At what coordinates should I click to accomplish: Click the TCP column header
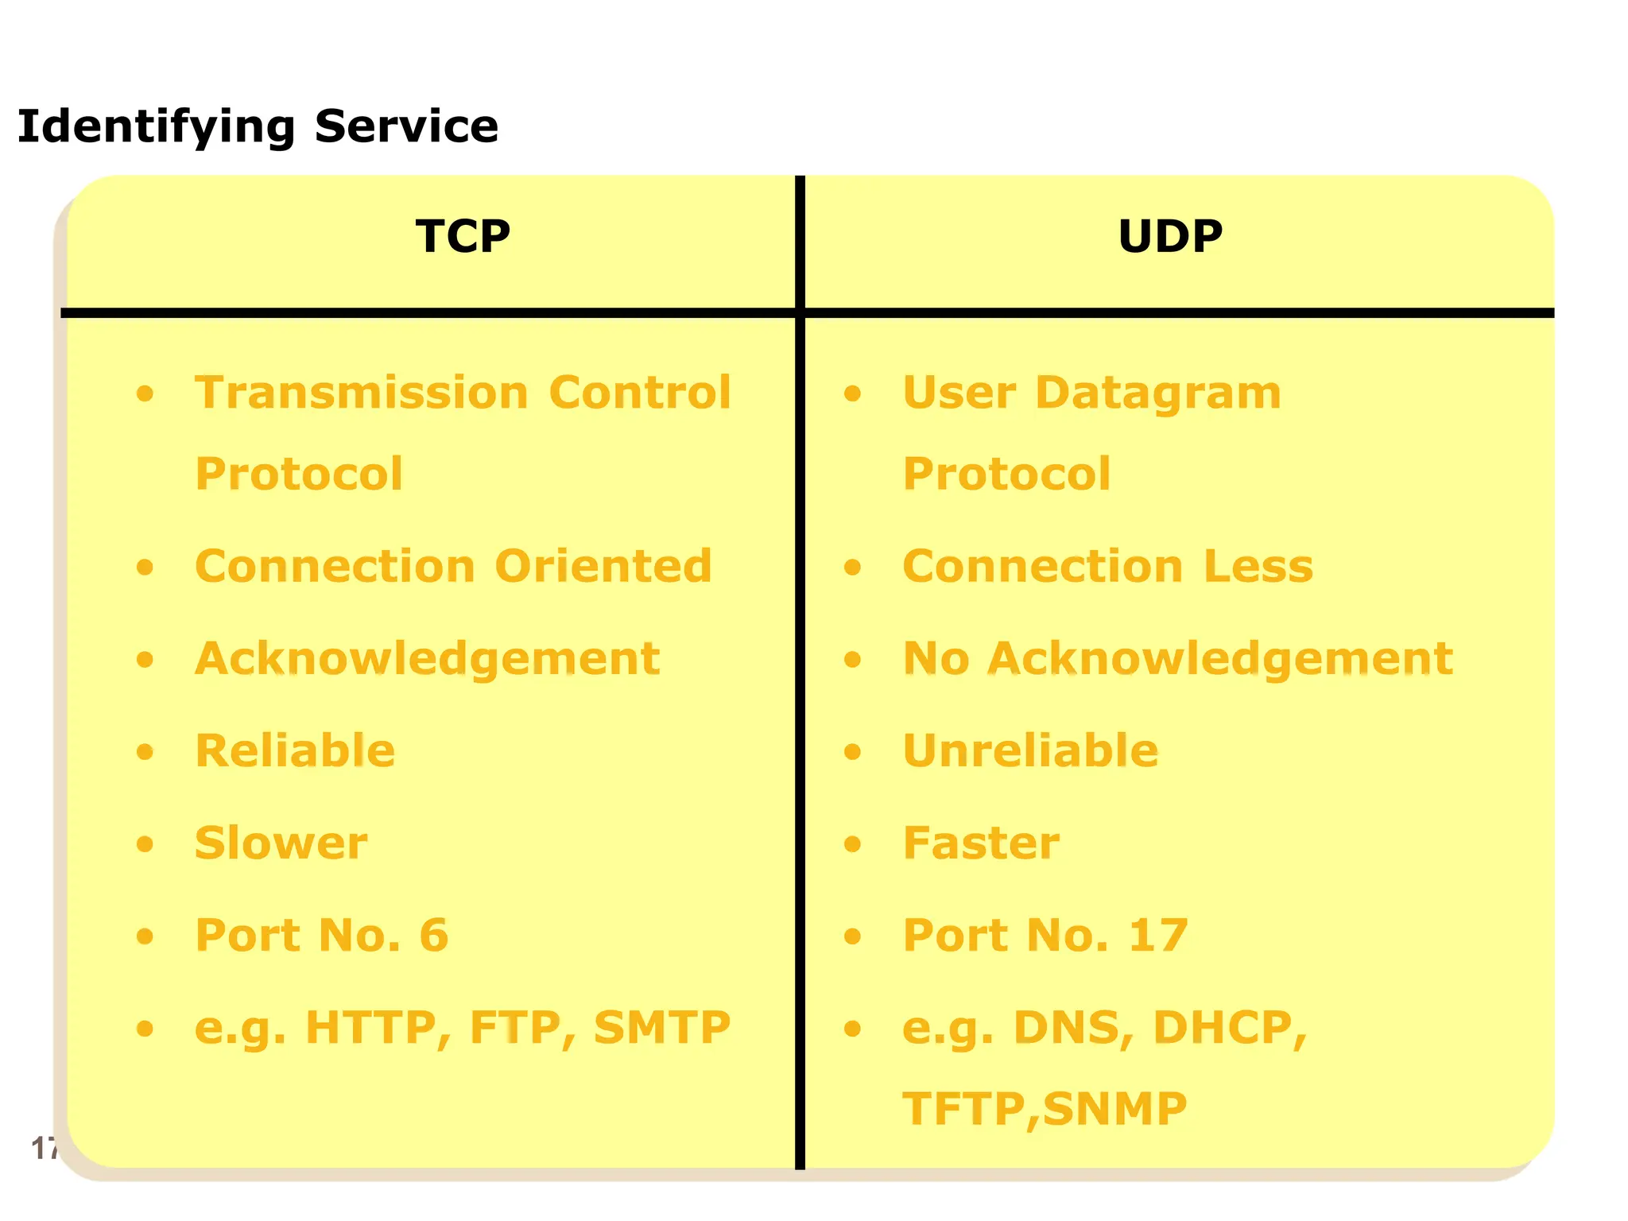point(463,236)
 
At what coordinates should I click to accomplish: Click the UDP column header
point(1169,236)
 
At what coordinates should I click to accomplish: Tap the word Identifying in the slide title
point(156,127)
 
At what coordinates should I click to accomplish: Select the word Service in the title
point(406,126)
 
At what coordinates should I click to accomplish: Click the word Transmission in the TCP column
point(362,393)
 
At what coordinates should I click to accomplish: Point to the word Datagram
point(1158,393)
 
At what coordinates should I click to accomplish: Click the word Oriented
point(603,566)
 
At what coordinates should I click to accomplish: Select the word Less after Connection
point(1258,566)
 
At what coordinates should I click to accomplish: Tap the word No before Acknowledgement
point(936,658)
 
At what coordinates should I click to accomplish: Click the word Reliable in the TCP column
point(295,750)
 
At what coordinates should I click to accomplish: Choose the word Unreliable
point(1031,750)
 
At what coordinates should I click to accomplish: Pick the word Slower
point(281,843)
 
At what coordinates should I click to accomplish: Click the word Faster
point(981,843)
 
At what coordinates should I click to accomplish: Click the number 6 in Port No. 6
point(434,935)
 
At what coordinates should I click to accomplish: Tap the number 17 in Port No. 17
point(1158,935)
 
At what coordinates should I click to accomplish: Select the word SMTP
point(661,1027)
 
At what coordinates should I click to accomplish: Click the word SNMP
point(1114,1109)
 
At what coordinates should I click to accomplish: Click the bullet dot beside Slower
point(145,843)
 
